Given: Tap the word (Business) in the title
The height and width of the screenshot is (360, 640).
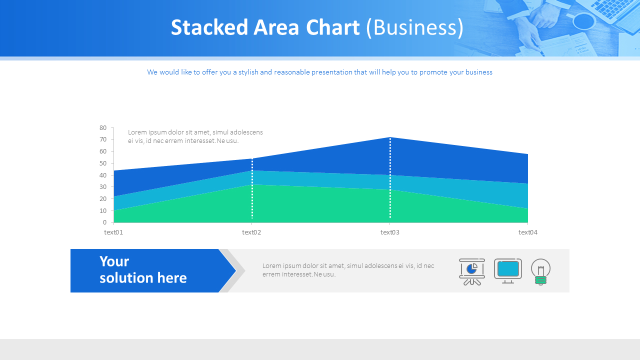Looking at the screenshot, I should click(414, 27).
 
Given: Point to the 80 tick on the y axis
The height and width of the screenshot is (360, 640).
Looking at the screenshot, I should click(103, 128).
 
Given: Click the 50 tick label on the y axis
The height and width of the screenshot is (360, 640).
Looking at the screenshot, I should click(103, 163).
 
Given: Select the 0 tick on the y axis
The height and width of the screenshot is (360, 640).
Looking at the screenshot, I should click(104, 222).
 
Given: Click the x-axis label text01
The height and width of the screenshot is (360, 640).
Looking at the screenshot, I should click(113, 232).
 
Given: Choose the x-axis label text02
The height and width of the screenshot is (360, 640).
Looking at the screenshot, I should click(251, 232).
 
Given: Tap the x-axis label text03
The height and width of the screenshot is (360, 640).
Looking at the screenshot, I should click(390, 232).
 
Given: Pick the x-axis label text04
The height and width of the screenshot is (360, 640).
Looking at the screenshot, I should click(527, 232).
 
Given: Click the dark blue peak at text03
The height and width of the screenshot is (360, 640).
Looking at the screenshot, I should click(390, 138).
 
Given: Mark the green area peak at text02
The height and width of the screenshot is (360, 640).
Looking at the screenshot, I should click(252, 185).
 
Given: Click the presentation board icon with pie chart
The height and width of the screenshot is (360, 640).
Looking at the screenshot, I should click(472, 271).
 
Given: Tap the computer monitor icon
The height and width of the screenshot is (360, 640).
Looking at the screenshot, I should click(508, 270).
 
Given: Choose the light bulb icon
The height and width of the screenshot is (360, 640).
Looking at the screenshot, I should click(540, 271).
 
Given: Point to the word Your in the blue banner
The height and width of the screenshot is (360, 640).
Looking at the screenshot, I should click(114, 261).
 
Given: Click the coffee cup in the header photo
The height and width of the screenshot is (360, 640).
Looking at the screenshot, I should click(583, 21).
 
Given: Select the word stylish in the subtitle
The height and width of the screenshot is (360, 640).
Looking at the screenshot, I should click(248, 72).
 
